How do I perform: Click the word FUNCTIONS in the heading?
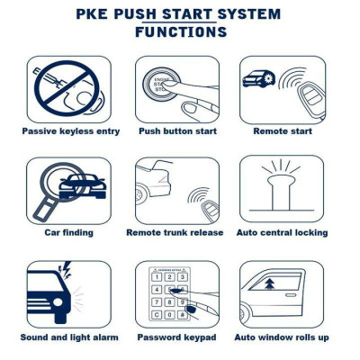180,32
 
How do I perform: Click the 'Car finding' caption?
68,233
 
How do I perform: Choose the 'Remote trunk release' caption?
176,233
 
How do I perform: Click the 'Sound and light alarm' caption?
68,337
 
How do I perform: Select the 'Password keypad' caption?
176,337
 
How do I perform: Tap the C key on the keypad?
157,315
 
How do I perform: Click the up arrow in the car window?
268,286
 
